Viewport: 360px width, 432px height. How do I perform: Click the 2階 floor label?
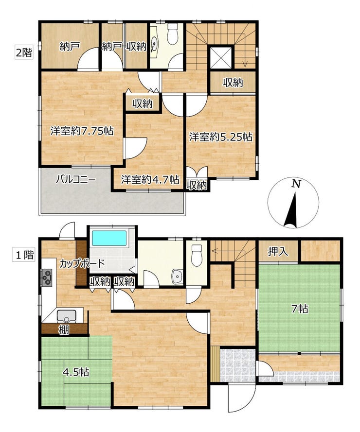24,52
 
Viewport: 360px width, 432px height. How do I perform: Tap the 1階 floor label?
24,255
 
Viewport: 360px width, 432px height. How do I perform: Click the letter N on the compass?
297,184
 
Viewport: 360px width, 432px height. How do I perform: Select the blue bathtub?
109,238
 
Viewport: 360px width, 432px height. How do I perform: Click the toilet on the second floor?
172,34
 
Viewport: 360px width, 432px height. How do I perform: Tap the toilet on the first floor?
197,256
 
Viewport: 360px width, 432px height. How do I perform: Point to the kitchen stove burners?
46,277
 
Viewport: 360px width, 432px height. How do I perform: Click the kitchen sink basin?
67,316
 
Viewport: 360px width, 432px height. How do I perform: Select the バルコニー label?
76,180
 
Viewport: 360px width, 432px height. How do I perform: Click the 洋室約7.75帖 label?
82,131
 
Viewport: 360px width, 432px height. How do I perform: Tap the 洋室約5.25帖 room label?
221,137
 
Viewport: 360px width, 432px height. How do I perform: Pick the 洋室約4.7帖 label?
150,180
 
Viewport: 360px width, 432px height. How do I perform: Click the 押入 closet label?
278,252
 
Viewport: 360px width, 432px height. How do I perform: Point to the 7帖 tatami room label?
300,309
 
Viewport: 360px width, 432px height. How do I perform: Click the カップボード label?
82,264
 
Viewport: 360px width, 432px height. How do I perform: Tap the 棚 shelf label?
64,330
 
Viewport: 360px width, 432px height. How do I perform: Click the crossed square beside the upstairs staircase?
221,57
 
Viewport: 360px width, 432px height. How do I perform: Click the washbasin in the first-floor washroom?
177,276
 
